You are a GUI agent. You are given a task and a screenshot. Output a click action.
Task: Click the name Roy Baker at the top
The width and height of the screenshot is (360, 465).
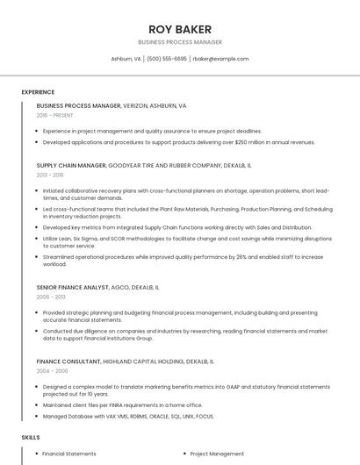point(180,29)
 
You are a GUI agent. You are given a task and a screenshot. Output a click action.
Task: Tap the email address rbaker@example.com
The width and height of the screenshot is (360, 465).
point(220,59)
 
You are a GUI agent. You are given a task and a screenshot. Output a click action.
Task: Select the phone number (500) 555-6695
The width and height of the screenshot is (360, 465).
point(167,59)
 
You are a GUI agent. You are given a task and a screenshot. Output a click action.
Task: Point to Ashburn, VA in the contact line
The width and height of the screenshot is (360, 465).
point(126,59)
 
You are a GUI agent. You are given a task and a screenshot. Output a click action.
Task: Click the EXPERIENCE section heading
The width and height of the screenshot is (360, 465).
point(38,92)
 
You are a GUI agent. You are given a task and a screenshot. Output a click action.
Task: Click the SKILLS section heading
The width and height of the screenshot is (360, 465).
point(30,436)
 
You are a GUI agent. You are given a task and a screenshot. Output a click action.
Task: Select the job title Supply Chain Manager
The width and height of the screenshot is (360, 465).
point(71,165)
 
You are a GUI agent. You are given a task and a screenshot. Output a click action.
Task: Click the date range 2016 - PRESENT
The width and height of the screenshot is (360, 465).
point(54,115)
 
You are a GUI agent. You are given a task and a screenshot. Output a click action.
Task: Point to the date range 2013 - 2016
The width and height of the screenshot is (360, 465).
point(50,175)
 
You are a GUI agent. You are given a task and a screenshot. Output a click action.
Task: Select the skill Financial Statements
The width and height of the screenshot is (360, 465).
point(69,454)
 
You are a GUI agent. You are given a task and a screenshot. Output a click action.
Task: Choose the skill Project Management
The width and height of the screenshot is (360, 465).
point(217,454)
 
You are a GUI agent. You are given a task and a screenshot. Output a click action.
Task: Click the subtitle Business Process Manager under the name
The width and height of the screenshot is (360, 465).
point(180,42)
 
